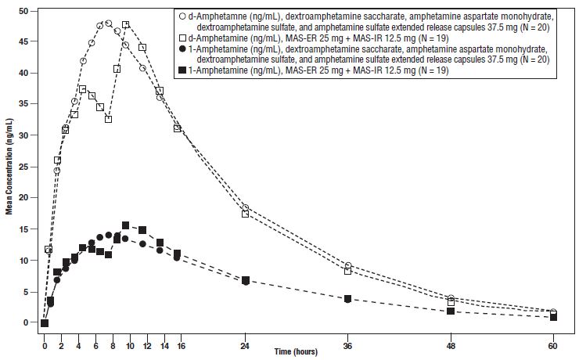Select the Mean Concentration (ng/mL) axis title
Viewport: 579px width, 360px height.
(9, 166)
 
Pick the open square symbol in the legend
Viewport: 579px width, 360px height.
(182, 38)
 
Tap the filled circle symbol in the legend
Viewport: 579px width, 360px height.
(182, 49)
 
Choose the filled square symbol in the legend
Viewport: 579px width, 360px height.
(182, 71)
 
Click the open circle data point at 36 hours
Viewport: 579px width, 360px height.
(348, 265)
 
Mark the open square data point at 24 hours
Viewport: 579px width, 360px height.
(246, 214)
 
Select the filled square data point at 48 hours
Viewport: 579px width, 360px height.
(451, 311)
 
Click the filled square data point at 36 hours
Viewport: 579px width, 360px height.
(348, 298)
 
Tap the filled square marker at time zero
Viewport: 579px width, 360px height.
(45, 323)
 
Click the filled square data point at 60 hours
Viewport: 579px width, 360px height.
(553, 317)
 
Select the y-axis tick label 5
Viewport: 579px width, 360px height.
(30, 292)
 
